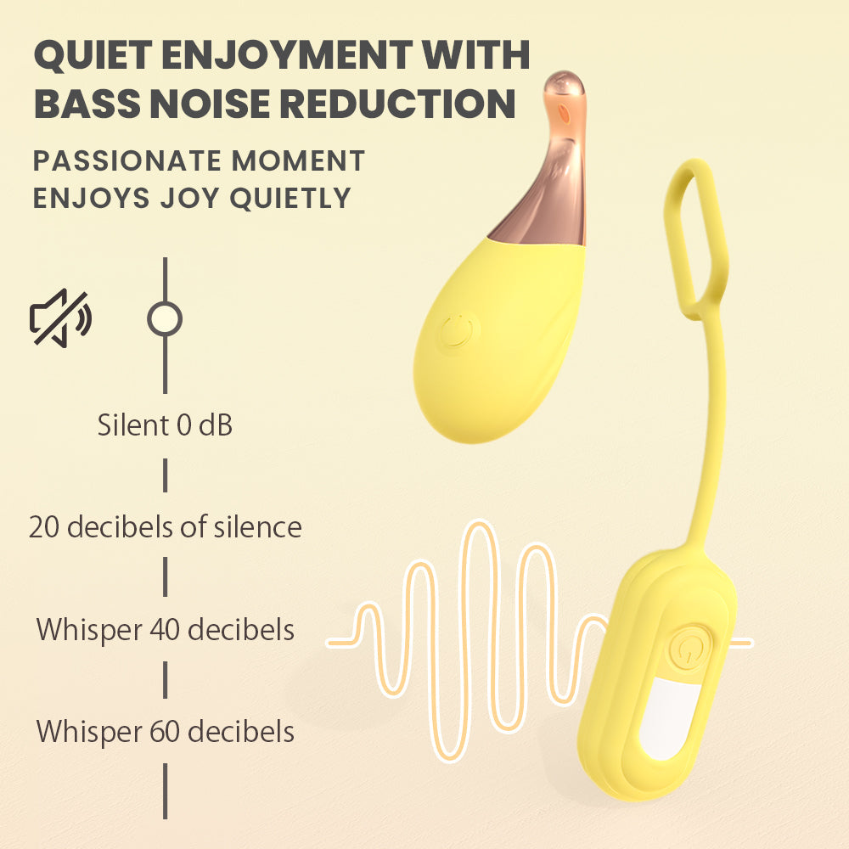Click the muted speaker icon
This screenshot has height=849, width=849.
coord(60,318)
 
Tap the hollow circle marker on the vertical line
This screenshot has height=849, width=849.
coord(164,319)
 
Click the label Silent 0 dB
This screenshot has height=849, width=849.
coord(165,424)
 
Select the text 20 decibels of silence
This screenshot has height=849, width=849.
coord(165,527)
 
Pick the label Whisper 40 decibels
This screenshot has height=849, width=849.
coord(165,630)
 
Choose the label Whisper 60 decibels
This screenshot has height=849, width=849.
coord(165,731)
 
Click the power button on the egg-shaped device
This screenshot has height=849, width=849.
coord(456,332)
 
